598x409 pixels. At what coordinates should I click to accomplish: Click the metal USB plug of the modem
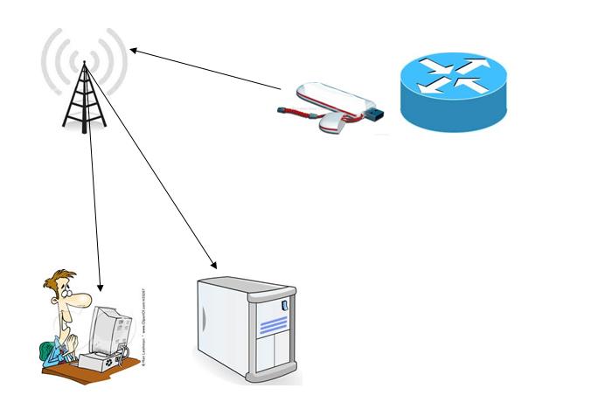point(375,114)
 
